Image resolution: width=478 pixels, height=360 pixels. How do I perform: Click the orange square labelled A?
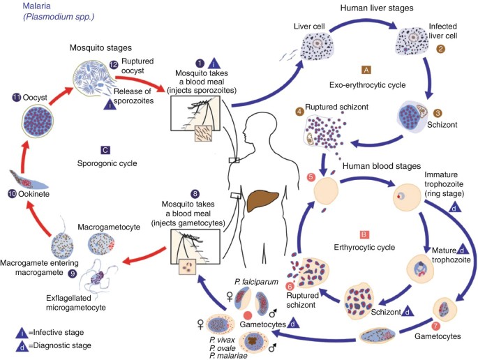[x=366, y=70]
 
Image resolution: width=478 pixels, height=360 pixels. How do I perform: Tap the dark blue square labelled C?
[x=104, y=149]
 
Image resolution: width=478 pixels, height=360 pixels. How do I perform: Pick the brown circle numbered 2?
[x=440, y=49]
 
